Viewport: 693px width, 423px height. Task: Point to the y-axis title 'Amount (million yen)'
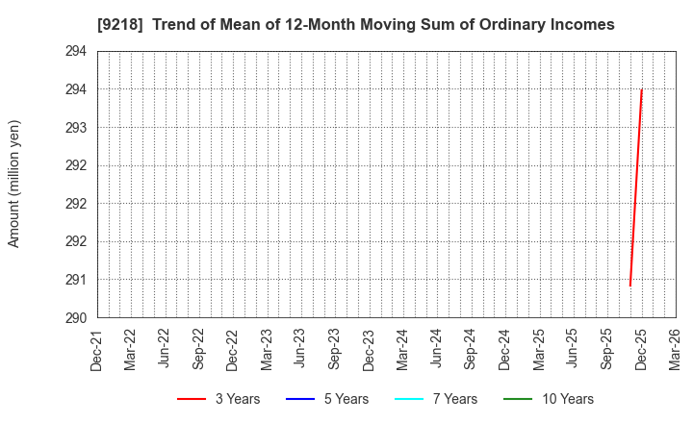(14, 184)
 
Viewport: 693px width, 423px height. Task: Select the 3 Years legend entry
(218, 399)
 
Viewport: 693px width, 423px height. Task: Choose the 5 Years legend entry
(327, 399)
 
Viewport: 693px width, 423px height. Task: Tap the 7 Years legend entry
(436, 399)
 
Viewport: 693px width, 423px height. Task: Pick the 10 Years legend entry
(549, 399)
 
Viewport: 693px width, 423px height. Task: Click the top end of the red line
(641, 89)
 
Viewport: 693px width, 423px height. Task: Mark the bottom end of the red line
(630, 286)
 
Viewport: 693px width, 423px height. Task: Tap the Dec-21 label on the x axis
(97, 348)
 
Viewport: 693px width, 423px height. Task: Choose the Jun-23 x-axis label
(301, 348)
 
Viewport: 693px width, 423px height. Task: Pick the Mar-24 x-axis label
(403, 348)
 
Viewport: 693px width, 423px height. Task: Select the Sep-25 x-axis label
(607, 348)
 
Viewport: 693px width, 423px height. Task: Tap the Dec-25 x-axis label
(641, 348)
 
